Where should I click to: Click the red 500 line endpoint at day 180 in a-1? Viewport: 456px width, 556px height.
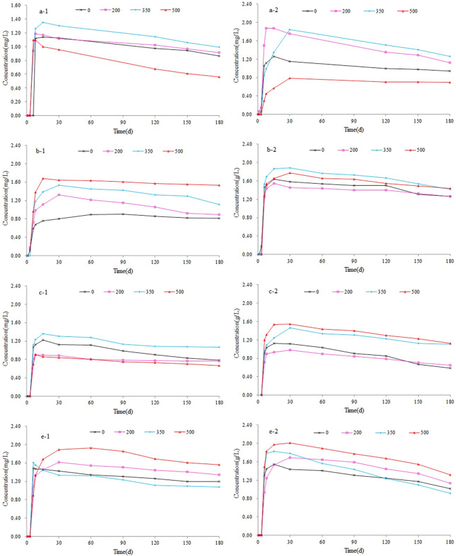click(x=220, y=77)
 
